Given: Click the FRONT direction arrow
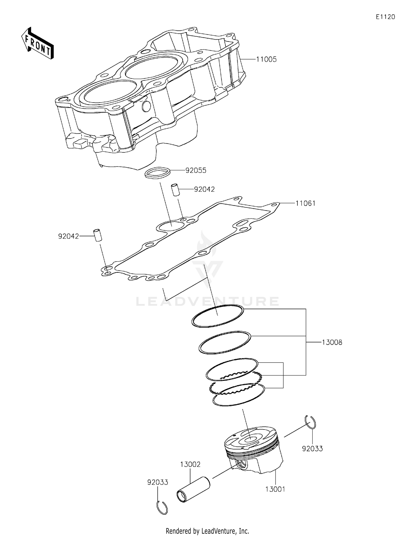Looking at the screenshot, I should (x=37, y=44).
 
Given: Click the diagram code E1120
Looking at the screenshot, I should (x=385, y=17).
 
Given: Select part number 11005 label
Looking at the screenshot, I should (x=266, y=59).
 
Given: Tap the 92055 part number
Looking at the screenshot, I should (x=196, y=170).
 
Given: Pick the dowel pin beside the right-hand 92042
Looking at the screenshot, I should (x=175, y=190).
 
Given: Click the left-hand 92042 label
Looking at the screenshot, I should (x=68, y=236).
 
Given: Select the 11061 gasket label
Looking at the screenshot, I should (x=305, y=203).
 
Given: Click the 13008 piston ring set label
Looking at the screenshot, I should (x=332, y=342).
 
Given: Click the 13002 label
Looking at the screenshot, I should (x=190, y=464).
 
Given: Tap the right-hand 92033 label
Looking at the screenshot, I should (x=312, y=448).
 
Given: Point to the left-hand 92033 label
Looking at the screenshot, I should (x=158, y=482).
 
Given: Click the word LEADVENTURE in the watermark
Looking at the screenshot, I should (x=207, y=301).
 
